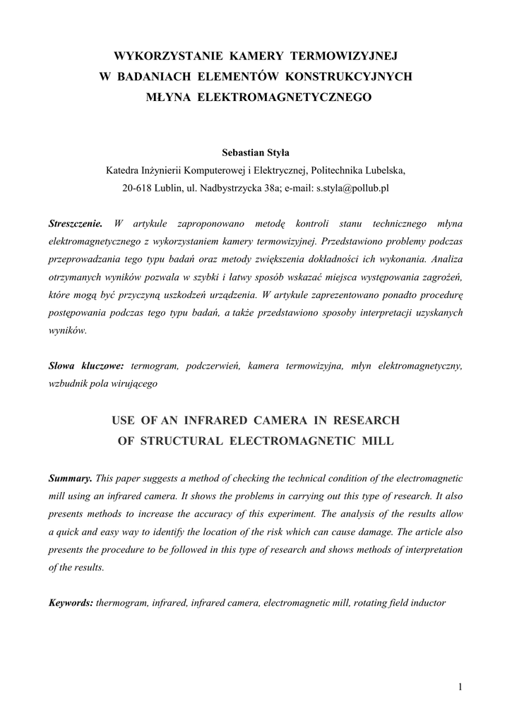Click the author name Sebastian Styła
click(x=255, y=153)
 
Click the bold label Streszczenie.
click(x=76, y=225)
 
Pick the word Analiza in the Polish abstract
click(x=446, y=258)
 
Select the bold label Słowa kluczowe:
click(x=86, y=366)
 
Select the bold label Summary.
click(x=70, y=479)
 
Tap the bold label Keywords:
click(x=71, y=604)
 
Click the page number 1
click(x=460, y=687)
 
